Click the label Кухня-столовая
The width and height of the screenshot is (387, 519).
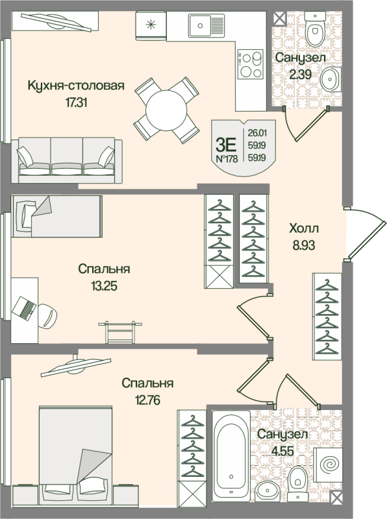coord(75,85)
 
